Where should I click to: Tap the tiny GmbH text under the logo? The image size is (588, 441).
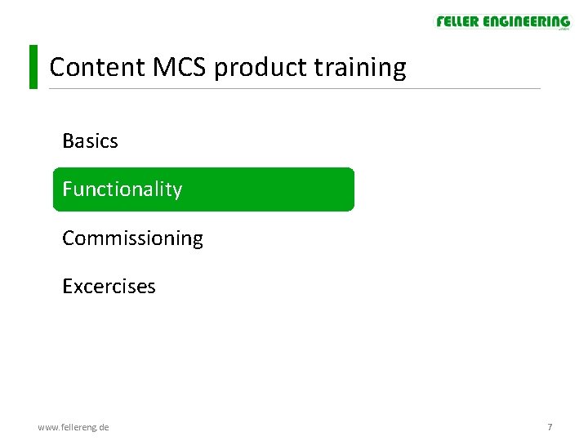click(x=563, y=30)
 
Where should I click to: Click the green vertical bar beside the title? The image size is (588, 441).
click(x=33, y=67)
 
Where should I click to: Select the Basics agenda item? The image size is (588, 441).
click(x=90, y=141)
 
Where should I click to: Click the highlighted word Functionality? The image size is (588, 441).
click(x=122, y=189)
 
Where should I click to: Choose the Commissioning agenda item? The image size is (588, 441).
click(x=132, y=238)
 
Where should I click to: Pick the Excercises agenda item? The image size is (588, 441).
click(x=109, y=287)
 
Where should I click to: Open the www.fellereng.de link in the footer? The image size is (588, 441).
click(x=73, y=427)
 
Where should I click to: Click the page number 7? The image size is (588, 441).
click(x=550, y=427)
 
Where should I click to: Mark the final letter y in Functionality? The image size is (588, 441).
click(x=177, y=191)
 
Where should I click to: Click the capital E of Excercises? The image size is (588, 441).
click(x=68, y=287)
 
